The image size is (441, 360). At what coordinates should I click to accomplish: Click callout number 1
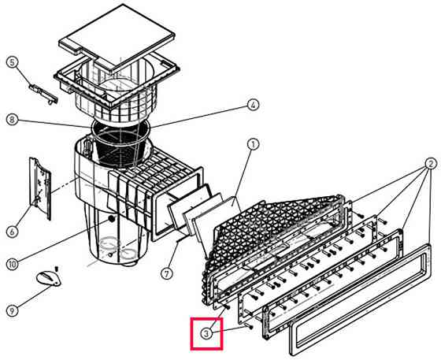click(x=254, y=145)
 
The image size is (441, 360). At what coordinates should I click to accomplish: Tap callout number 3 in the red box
click(x=206, y=334)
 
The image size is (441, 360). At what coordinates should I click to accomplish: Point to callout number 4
click(x=253, y=106)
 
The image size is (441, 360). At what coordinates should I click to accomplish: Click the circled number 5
click(x=12, y=62)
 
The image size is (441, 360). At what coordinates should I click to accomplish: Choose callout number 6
click(x=12, y=232)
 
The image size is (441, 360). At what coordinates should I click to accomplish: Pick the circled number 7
click(x=167, y=273)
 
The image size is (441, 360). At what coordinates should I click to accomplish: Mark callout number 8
click(x=12, y=120)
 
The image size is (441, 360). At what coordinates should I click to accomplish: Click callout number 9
click(x=12, y=311)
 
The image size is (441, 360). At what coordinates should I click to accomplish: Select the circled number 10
click(x=12, y=264)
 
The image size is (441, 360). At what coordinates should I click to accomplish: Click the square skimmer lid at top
click(x=117, y=38)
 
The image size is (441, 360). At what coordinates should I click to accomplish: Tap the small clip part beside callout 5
click(x=43, y=94)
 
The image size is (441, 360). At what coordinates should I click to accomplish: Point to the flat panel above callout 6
click(x=40, y=187)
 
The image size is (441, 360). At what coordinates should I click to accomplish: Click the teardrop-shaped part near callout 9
click(x=48, y=278)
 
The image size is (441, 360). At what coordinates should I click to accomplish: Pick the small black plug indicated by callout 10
click(x=112, y=218)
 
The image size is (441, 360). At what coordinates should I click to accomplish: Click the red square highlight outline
click(x=206, y=318)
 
